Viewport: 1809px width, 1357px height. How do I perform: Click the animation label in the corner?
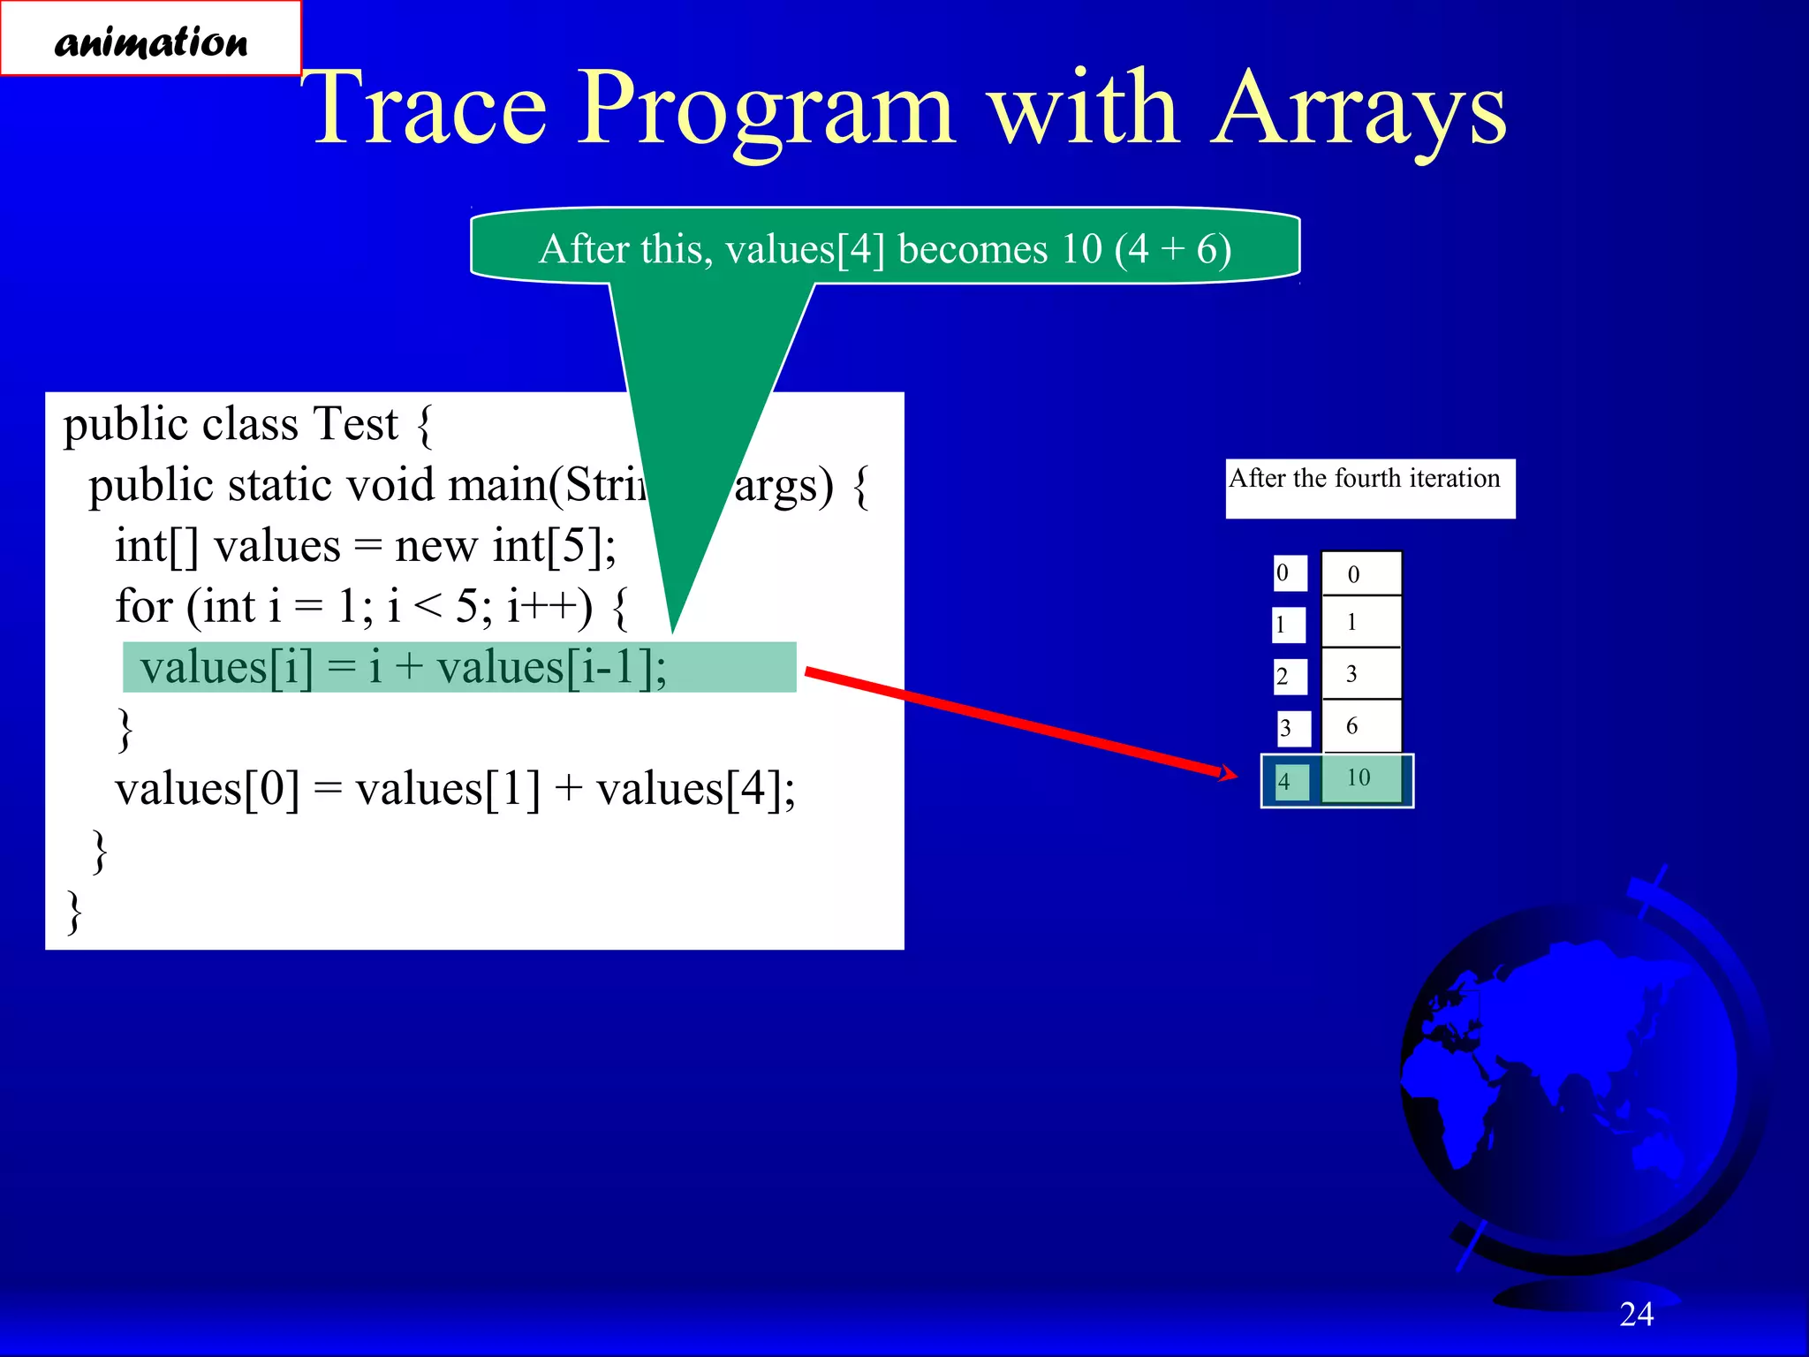click(x=150, y=40)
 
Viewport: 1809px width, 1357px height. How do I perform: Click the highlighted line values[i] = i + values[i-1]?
click(x=403, y=667)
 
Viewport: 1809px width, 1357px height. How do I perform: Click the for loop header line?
click(x=371, y=606)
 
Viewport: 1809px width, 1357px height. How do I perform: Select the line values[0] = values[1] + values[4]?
click(x=454, y=788)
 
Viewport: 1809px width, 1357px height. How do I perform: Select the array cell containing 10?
click(x=1360, y=778)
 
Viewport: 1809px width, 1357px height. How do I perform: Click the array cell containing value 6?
click(x=1360, y=726)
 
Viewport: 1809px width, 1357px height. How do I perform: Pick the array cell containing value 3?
click(x=1360, y=674)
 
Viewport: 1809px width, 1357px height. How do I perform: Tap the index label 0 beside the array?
click(x=1288, y=573)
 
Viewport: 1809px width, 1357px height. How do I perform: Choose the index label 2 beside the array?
click(x=1288, y=677)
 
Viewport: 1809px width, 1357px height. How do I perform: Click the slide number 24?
click(x=1636, y=1314)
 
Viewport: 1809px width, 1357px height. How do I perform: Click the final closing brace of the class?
click(x=75, y=912)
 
